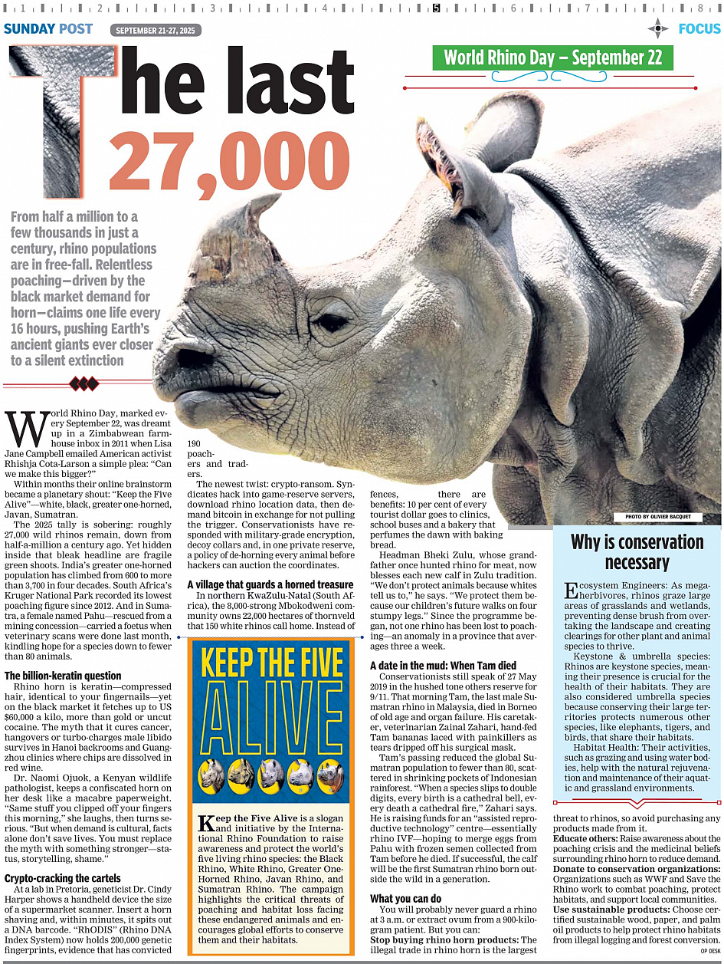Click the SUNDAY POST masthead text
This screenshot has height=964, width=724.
(48, 29)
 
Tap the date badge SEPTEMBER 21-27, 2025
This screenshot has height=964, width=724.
(156, 31)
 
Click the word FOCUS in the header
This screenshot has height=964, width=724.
(699, 29)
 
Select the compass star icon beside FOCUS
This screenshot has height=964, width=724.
(658, 29)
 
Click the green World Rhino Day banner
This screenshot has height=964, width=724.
(552, 58)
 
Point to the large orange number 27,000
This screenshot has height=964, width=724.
(212, 163)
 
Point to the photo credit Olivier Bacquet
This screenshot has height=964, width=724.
(657, 517)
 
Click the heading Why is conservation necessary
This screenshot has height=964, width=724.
(637, 552)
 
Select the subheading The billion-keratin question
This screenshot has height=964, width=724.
(63, 676)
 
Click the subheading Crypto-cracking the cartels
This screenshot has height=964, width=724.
(67, 878)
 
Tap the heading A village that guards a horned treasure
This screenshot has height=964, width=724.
(270, 584)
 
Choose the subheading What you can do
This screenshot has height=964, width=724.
(406, 898)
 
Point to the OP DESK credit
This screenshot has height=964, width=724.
(709, 951)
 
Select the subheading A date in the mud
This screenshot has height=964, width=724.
(443, 665)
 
